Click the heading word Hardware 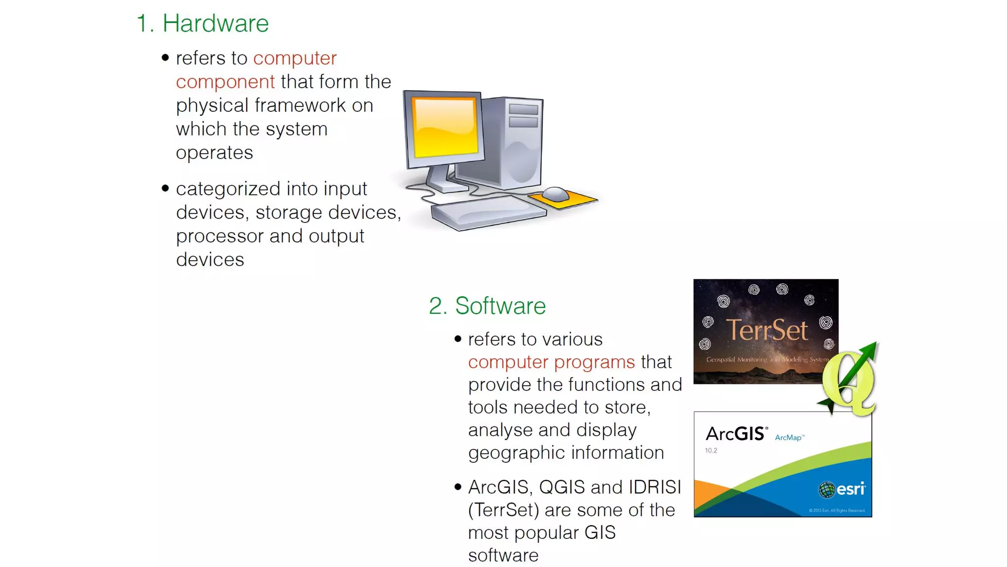pos(215,23)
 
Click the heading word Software pos(500,306)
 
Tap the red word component pos(225,82)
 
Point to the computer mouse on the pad pos(556,194)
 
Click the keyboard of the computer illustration pos(488,212)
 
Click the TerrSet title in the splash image pos(767,330)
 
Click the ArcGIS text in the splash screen pos(736,434)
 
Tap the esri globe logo pos(827,489)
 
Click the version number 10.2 pos(711,450)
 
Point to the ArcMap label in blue pos(789,438)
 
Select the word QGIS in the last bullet pos(562,487)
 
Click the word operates pos(214,153)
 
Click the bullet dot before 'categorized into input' pos(165,188)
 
